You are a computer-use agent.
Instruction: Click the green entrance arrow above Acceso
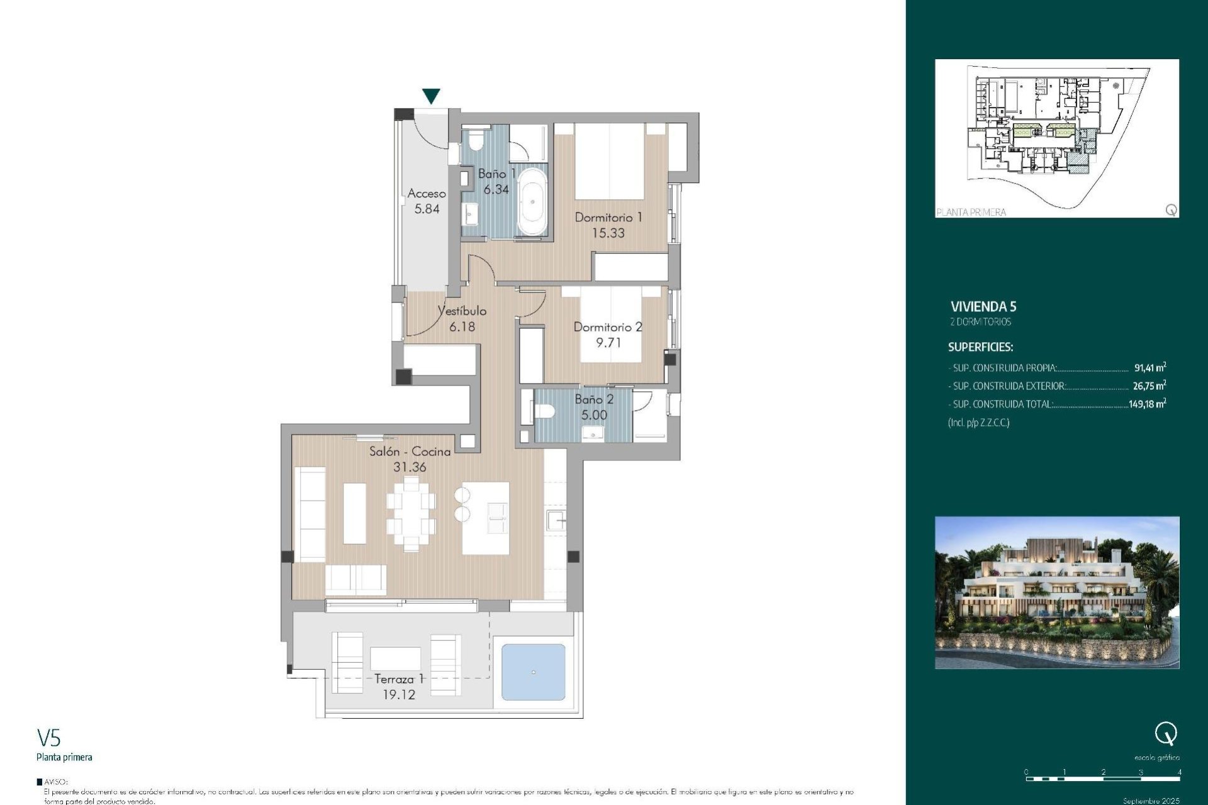click(x=431, y=96)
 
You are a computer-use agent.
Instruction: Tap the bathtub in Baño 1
click(x=532, y=201)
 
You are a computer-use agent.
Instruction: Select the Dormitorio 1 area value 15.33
click(x=608, y=233)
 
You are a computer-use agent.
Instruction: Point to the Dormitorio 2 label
click(x=607, y=327)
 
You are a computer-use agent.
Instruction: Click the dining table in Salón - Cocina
click(x=411, y=513)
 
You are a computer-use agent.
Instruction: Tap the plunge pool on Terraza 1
click(x=533, y=672)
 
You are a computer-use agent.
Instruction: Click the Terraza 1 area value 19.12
click(x=399, y=695)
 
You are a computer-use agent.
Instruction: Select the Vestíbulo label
click(x=462, y=311)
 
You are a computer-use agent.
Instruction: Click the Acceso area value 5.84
click(x=427, y=209)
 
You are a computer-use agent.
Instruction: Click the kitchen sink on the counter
click(x=556, y=521)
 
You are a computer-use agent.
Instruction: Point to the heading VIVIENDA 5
click(x=983, y=307)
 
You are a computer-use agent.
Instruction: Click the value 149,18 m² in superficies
click(x=1147, y=404)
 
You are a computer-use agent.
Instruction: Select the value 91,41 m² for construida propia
click(x=1149, y=368)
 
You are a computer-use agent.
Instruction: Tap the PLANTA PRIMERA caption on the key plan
click(x=971, y=213)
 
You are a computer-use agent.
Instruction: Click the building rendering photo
click(x=1057, y=592)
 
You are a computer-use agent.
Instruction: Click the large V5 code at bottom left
click(x=49, y=738)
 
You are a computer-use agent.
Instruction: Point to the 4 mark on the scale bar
click(x=1179, y=772)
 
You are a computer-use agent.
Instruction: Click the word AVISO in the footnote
click(x=56, y=782)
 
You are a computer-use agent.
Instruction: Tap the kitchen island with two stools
click(x=485, y=518)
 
